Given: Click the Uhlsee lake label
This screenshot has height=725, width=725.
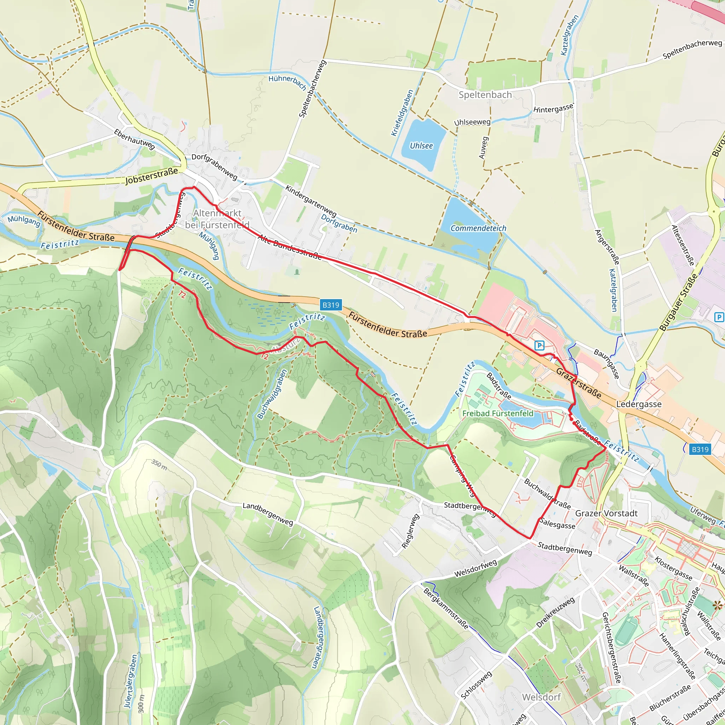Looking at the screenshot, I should tap(421, 145).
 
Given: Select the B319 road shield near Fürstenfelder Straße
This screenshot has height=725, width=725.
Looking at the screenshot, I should tap(331, 305).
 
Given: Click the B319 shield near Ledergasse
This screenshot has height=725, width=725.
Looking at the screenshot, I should tap(700, 449).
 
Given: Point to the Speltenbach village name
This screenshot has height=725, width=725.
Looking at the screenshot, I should tap(485, 95).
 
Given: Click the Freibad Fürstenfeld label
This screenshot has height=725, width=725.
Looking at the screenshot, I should tap(498, 413).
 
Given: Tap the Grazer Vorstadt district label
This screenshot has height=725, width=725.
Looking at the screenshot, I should tap(606, 513).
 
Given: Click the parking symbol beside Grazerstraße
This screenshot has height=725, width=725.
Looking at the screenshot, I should tap(539, 345).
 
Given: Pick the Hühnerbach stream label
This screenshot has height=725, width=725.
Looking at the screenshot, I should tap(287, 82).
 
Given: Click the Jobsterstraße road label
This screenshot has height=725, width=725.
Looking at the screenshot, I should tap(151, 176).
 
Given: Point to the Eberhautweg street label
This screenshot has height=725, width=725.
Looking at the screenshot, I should tap(134, 139).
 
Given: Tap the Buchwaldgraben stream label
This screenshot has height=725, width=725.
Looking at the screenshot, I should tap(272, 394).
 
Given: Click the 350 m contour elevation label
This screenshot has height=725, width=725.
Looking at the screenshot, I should tap(159, 464).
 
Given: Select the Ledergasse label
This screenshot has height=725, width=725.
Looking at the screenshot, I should tap(639, 404).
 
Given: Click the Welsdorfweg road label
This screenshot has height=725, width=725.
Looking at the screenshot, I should tap(475, 568).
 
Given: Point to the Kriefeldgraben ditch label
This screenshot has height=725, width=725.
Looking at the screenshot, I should tap(402, 113).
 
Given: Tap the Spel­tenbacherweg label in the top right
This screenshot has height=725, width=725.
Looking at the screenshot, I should tap(692, 49).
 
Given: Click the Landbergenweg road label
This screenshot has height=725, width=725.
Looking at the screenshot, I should tap(268, 514).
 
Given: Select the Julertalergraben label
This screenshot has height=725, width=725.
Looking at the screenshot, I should tap(131, 681).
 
